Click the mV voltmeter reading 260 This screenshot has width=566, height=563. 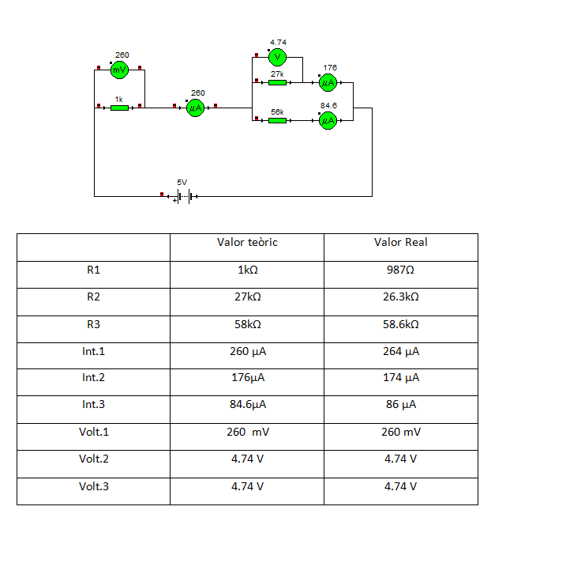click(x=119, y=70)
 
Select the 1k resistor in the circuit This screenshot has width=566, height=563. click(x=119, y=108)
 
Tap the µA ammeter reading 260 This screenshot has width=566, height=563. click(x=196, y=108)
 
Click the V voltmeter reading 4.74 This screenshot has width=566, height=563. click(x=277, y=57)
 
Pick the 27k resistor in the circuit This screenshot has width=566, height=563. click(x=277, y=81)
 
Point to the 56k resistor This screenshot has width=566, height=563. click(x=277, y=120)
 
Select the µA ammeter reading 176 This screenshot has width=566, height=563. click(x=328, y=81)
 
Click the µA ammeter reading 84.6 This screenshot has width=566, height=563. click(x=328, y=120)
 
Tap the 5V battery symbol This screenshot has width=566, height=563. click(x=183, y=196)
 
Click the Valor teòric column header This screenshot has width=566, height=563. click(x=247, y=243)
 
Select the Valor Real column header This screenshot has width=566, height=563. click(x=401, y=243)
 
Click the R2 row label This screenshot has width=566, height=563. click(x=94, y=297)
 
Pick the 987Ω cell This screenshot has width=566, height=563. click(x=401, y=270)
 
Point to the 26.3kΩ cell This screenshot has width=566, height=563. click(x=401, y=297)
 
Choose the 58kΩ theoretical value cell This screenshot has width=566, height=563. click(x=247, y=323)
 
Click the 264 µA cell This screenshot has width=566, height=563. click(x=401, y=350)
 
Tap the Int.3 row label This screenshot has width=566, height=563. click(x=94, y=404)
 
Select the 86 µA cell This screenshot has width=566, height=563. click(x=401, y=404)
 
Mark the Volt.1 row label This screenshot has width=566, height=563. click(x=94, y=432)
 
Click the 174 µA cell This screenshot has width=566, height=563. click(x=401, y=377)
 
